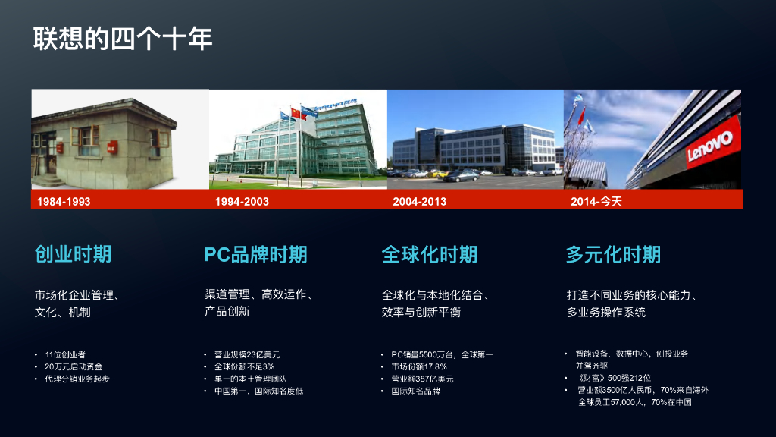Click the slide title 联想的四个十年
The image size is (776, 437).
coord(123,39)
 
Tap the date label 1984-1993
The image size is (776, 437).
coord(64,202)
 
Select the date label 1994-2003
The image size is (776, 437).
coord(242,202)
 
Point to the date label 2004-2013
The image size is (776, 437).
coord(420,202)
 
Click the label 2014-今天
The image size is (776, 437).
coord(596,202)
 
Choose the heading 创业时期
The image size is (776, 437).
coord(74,254)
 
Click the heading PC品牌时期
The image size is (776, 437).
coord(256,255)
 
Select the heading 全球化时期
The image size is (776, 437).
coord(430,255)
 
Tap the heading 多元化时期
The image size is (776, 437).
coord(614,255)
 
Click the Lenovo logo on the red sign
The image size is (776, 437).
coord(710,146)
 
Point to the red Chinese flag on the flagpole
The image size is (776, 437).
coord(296,114)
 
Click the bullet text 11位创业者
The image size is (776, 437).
coord(65,355)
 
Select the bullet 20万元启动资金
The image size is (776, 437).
coord(74,366)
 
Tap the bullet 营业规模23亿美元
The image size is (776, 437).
coord(247,355)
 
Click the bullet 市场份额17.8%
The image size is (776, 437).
coord(419,366)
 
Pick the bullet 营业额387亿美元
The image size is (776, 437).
coord(423,379)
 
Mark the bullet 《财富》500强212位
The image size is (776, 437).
coord(614,378)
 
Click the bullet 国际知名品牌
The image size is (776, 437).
coord(416,391)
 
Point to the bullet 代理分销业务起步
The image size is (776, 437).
coord(77,379)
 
